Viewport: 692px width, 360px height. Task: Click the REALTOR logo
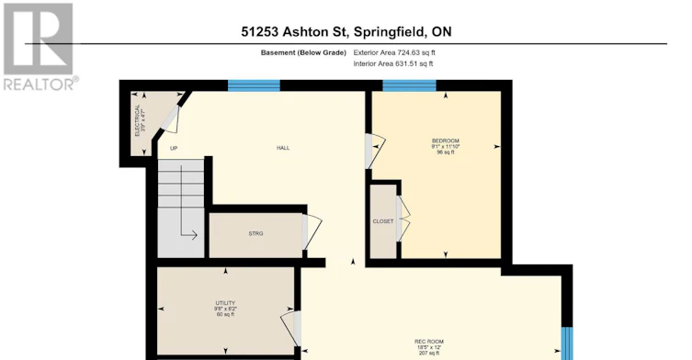[x=39, y=46]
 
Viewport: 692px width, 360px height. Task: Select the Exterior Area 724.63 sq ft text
[x=394, y=52]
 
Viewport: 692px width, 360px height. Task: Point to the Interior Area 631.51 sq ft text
[x=392, y=63]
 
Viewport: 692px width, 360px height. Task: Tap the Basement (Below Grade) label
[x=303, y=52]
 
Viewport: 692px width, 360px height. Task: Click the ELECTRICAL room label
[x=137, y=120]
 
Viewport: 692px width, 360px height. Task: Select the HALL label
[x=283, y=148]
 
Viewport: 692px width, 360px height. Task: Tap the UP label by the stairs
[x=174, y=149]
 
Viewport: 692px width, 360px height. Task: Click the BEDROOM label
[x=446, y=141]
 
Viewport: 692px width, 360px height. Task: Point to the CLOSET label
[x=382, y=221]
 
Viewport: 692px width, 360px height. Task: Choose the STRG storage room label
[x=255, y=234]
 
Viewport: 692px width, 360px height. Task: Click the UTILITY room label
[x=225, y=303]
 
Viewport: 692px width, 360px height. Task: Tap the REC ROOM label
[x=429, y=342]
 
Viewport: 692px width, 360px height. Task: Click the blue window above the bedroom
[x=409, y=85]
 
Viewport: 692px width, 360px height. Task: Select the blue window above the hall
[x=254, y=85]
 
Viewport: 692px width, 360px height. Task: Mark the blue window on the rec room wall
[x=567, y=343]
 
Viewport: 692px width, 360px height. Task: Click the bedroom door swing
[x=375, y=151]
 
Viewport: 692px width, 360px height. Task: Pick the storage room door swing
[x=312, y=232]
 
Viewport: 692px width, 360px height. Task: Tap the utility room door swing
[x=291, y=329]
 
